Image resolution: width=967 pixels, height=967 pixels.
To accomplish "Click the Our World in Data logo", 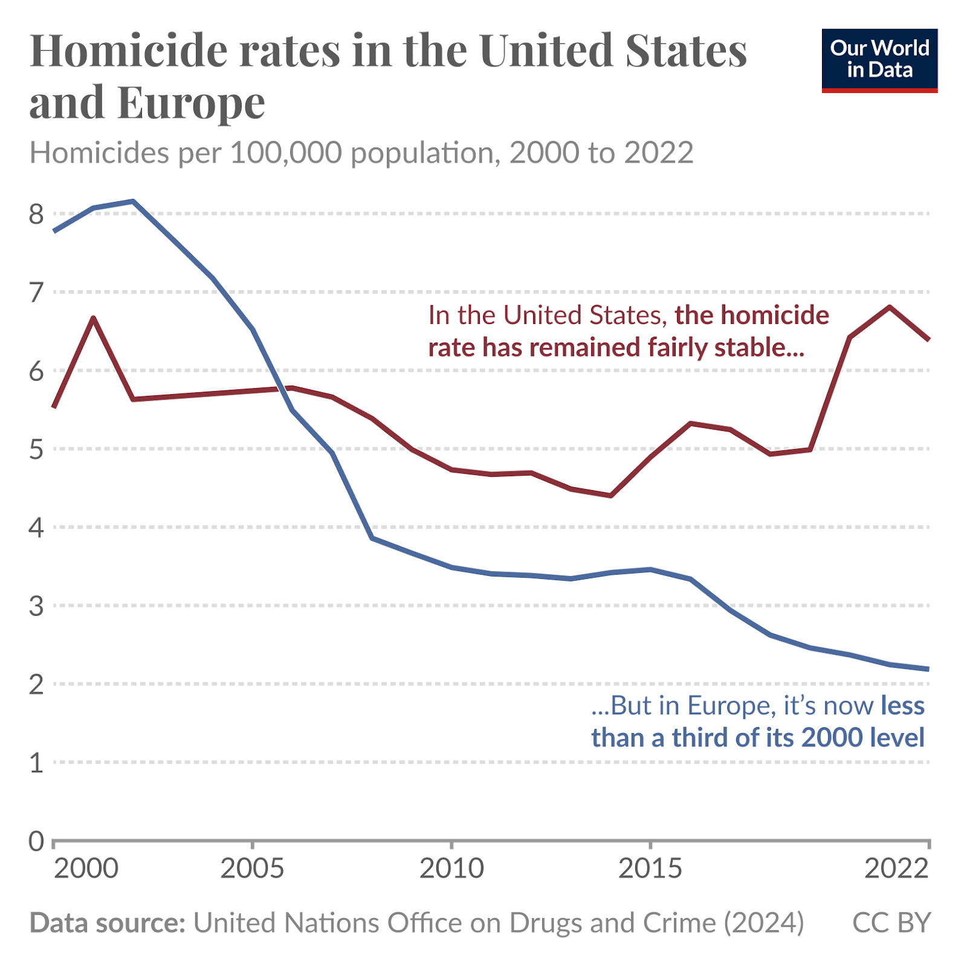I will pos(879,60).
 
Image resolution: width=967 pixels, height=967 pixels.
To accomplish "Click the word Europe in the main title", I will pos(191,103).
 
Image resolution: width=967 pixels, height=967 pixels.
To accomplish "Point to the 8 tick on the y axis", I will pos(36,214).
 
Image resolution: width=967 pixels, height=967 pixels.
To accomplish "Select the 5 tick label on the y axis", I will pos(36,449).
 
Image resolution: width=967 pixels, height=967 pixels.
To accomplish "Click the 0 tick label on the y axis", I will pos(36,841).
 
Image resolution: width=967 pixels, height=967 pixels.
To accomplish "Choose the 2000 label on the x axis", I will pos(86,868).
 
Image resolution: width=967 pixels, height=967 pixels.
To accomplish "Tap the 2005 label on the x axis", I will pos(252,868).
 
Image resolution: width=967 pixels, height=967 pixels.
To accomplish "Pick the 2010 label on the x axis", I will pos(451,868).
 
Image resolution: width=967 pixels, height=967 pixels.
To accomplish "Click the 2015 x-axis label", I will pos(650,868).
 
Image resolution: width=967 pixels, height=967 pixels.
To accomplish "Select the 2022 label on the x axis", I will pos(896,868).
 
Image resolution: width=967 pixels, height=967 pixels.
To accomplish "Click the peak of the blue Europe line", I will pos(133,201).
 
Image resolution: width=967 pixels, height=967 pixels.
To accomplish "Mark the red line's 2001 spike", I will pos(94,318).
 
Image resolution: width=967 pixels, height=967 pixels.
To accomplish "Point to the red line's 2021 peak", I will pos(890,307).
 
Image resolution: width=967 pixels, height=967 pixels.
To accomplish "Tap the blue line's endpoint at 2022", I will pos(928,669).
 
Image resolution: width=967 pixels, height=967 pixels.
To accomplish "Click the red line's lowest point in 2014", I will pos(611,496).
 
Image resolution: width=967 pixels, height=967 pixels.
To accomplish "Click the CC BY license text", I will pos(891,923).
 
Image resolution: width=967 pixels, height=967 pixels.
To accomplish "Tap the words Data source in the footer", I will pos(107,923).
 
